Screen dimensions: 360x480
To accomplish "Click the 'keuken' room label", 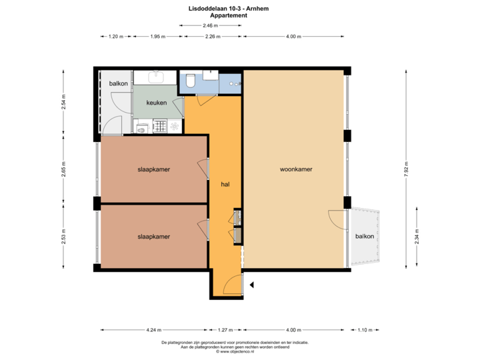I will tap(156, 103).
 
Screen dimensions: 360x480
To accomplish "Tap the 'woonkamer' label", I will tap(296, 169).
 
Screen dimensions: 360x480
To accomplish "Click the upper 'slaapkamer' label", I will tap(153, 169).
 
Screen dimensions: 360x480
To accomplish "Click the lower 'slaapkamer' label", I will tap(153, 236).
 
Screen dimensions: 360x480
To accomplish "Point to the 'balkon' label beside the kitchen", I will tap(118, 83).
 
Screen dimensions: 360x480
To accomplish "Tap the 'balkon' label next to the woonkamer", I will tap(364, 236).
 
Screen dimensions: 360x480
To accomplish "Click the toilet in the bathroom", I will tap(190, 81).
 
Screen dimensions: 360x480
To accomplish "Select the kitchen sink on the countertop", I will tap(155, 76).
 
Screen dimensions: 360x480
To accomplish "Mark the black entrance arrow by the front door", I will tap(251, 285).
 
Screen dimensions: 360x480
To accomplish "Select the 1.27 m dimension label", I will tap(226, 329).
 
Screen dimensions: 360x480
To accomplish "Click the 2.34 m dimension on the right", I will tap(417, 237).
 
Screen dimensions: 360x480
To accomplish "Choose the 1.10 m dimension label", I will tap(364, 329).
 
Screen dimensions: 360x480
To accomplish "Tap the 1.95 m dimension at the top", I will tap(157, 37).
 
